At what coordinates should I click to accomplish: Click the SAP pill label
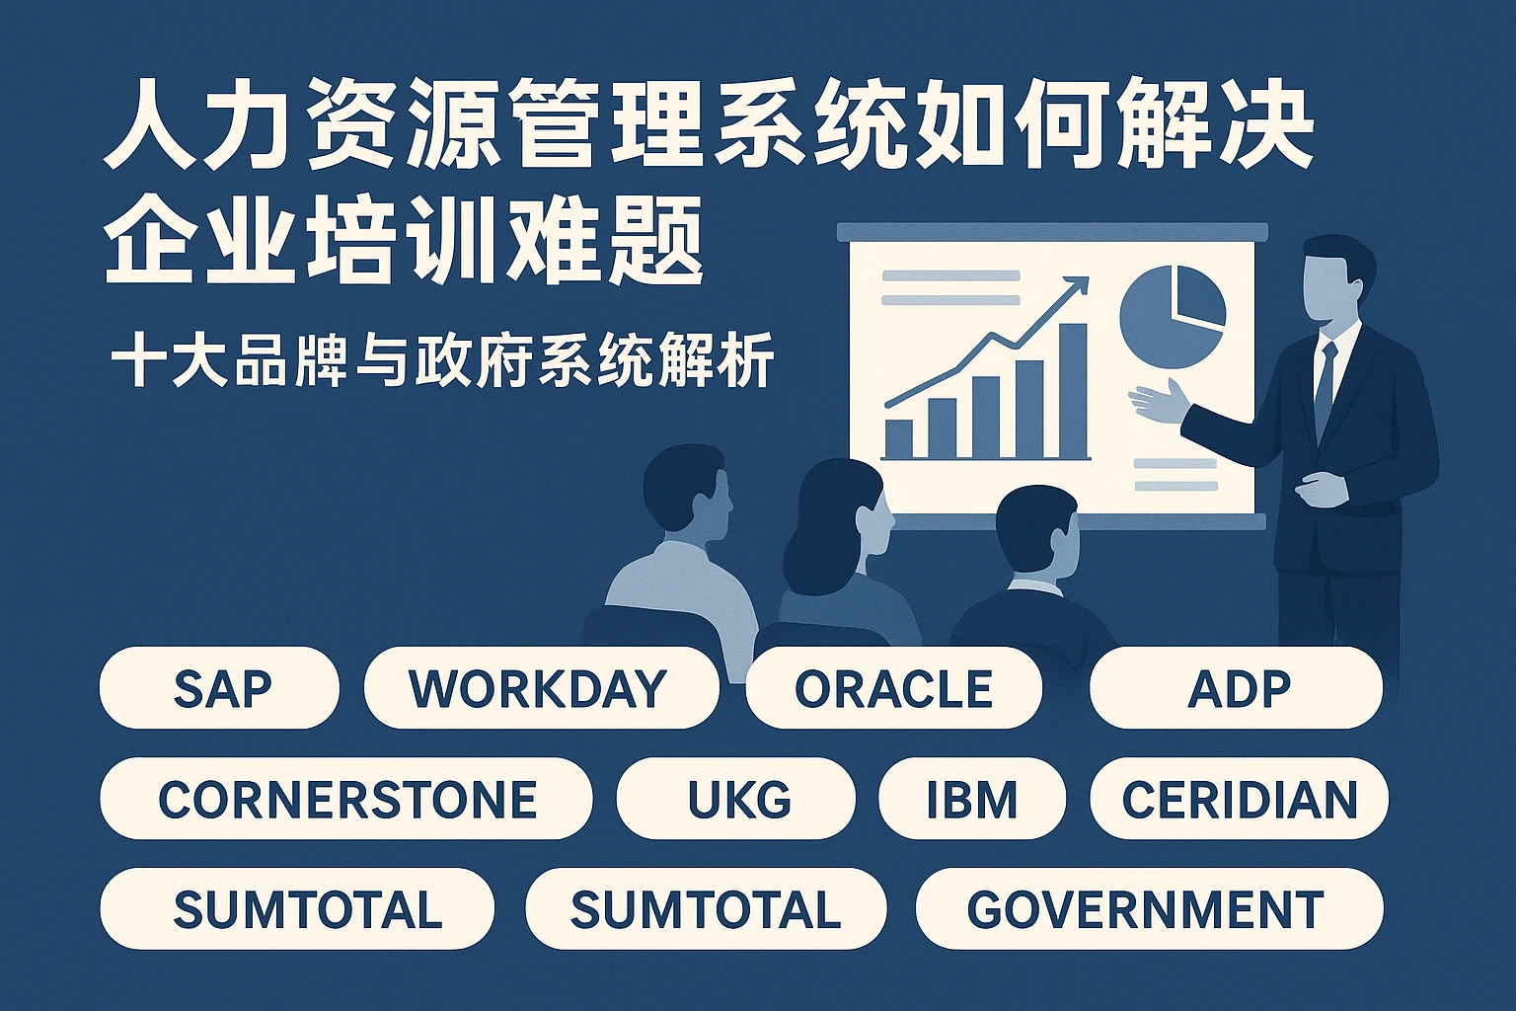tap(219, 687)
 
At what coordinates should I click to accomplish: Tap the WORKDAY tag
tap(542, 687)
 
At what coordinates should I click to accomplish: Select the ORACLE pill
tap(893, 687)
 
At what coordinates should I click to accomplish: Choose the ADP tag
tap(1236, 687)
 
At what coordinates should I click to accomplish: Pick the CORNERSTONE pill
tap(346, 799)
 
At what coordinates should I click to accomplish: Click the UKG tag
tap(736, 799)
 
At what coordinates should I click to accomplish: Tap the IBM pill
tap(972, 799)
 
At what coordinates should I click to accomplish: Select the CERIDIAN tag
tap(1239, 799)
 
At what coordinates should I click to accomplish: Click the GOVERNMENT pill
tap(1149, 908)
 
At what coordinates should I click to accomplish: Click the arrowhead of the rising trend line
tap(1078, 286)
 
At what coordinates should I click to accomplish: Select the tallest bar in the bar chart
tap(1073, 391)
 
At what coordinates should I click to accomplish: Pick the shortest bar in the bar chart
tap(899, 439)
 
